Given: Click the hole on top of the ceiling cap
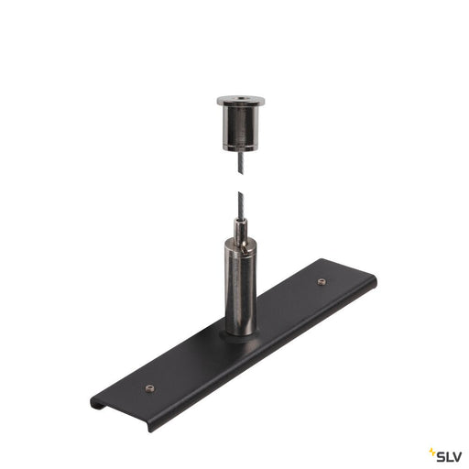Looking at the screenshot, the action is (241, 99).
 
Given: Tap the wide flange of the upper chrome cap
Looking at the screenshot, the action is (241, 101).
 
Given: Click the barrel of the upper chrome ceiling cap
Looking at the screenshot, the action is (241, 126).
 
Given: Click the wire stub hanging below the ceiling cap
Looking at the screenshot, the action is (241, 163).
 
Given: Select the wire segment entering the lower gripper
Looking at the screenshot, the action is (241, 205).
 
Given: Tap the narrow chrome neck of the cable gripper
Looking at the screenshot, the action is (241, 229).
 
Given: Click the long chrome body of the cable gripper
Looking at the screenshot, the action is (241, 287).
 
